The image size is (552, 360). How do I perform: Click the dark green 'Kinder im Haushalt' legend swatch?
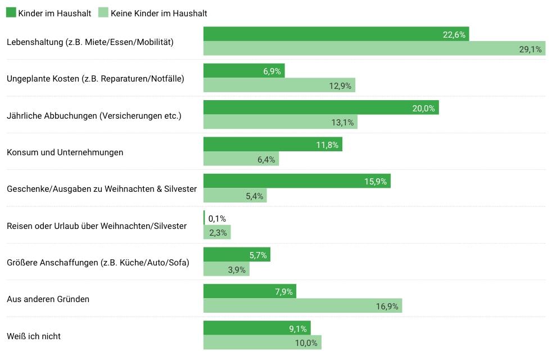tap(11, 13)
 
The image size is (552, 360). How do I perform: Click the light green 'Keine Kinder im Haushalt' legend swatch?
tap(103, 13)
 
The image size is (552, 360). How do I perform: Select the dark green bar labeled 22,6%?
tap(336, 34)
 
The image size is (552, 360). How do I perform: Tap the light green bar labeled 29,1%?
tap(374, 49)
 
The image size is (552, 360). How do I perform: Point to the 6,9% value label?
tap(272, 71)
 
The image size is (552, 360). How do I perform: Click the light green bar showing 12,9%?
tap(279, 85)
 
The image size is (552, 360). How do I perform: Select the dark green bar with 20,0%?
tap(320, 108)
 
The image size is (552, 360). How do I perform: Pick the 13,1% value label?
tap(344, 123)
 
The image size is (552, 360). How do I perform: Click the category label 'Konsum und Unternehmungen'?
tap(65, 152)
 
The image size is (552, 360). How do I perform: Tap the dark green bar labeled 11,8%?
tap(272, 145)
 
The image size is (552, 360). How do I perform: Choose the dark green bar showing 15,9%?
tap(296, 181)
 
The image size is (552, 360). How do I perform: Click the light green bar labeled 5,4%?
tap(234, 196)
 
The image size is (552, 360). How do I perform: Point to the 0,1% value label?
tap(217, 218)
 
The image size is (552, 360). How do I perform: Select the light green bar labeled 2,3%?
tap(216, 232)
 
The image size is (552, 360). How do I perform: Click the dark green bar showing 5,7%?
tap(236, 255)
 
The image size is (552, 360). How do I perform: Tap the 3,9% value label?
tap(237, 269)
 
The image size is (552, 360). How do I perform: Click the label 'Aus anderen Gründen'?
tap(48, 299)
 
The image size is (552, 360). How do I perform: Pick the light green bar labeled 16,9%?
tap(302, 306)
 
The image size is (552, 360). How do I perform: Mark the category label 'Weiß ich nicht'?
tap(34, 336)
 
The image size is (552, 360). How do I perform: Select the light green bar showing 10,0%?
tap(262, 343)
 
